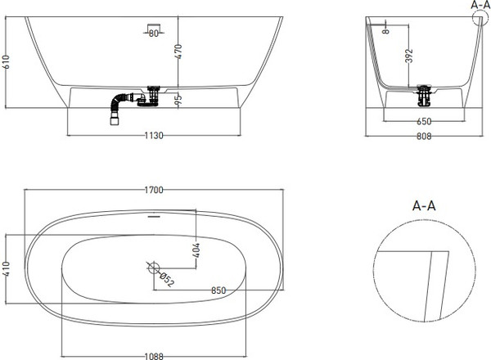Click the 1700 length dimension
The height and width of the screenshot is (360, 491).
(154, 191)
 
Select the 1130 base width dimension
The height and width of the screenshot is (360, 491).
(154, 136)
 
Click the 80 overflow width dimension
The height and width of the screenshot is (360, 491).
(154, 34)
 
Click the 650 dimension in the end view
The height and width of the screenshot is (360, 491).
(423, 121)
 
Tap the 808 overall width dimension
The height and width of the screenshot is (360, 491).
(423, 137)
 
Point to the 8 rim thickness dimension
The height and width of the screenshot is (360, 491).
(385, 30)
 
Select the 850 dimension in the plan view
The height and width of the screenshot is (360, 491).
(218, 290)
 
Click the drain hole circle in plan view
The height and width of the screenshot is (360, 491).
(153, 266)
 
